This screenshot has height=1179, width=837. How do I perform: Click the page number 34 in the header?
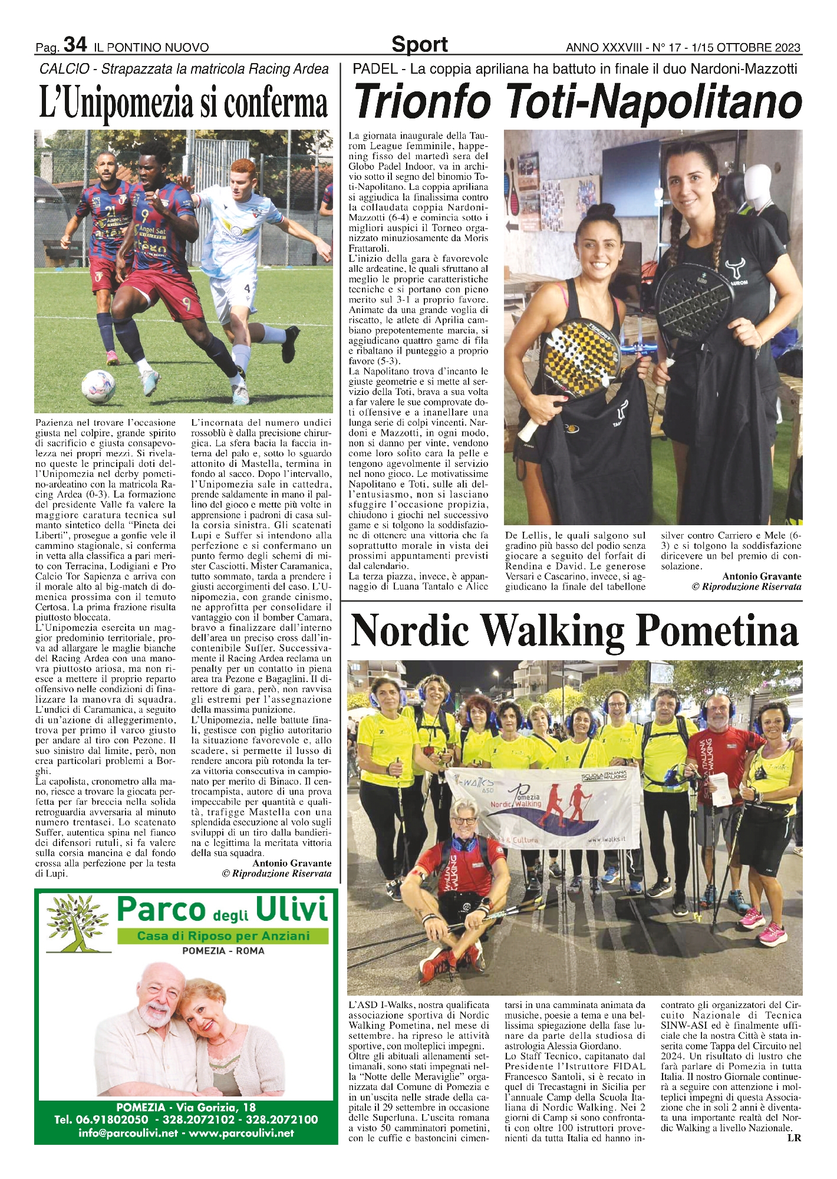pyautogui.click(x=75, y=45)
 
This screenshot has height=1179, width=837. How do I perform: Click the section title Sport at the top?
pyautogui.click(x=419, y=45)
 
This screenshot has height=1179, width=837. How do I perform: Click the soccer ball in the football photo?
pyautogui.click(x=98, y=386)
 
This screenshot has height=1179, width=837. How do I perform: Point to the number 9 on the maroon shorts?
pyautogui.click(x=186, y=304)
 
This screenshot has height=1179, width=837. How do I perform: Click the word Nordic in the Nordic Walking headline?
pyautogui.click(x=411, y=631)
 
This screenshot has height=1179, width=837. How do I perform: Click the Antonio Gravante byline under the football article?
pyautogui.click(x=292, y=863)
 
